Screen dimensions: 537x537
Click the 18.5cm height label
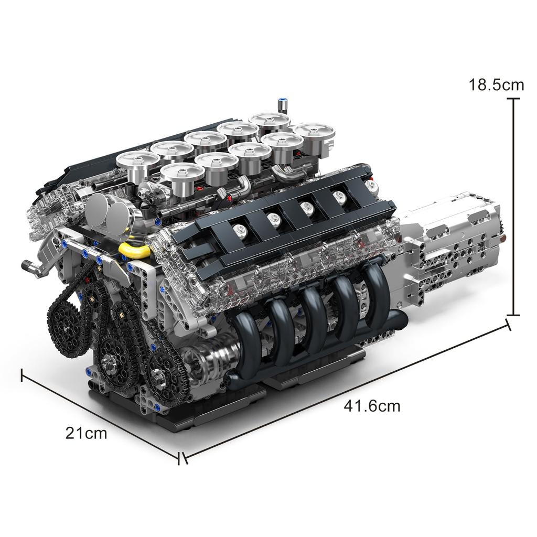coord(496,84)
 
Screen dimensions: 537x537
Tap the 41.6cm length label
coord(372,405)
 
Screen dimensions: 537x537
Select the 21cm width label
coord(86,433)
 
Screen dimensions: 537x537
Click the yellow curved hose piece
coord(135,250)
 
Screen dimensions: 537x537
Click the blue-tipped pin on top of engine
coord(283,104)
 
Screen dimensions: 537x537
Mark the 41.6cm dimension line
coord(346,391)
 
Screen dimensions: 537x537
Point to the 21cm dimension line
coord(100,414)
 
